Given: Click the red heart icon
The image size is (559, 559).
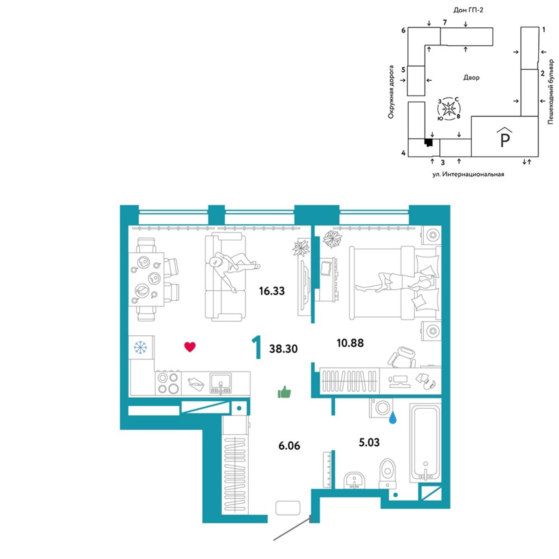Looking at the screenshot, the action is [190, 347].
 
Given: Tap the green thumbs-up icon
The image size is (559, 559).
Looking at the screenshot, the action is [284, 392].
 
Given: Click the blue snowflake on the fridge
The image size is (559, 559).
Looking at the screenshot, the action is [140, 347].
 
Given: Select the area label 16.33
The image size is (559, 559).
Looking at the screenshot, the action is [272, 291].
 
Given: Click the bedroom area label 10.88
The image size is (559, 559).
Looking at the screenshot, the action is [350, 343].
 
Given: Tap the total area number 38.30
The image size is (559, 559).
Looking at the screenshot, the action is [283, 349].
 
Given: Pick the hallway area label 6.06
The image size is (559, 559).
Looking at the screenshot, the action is [289, 446].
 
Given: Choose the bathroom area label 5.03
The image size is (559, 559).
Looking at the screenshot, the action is [369, 442].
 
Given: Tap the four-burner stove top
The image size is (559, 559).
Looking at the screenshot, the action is [168, 383].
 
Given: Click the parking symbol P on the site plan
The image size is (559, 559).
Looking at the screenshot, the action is [504, 140].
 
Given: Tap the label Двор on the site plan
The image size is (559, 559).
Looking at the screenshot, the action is [471, 77].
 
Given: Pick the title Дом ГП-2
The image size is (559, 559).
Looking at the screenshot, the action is [468, 10].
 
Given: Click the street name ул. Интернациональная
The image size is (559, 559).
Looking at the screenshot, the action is [468, 174].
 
